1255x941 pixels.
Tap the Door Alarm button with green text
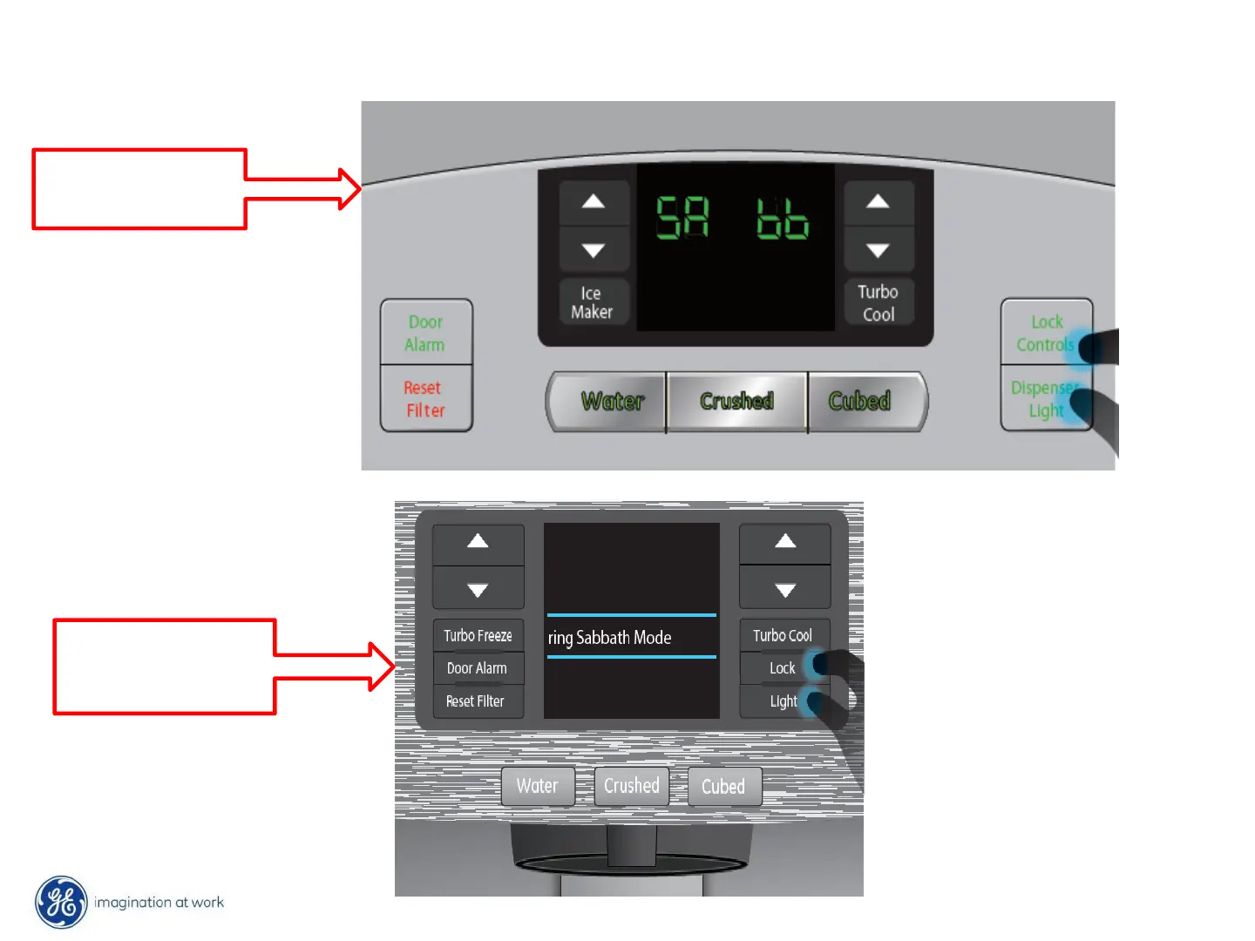425,333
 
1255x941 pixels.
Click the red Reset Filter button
425,398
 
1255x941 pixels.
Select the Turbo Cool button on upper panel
878,302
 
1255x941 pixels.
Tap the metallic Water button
612,401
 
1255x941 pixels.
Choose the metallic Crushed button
736,401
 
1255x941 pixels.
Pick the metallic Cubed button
860,401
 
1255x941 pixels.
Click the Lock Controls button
1045,333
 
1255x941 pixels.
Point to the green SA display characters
682,217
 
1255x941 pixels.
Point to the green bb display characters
782,218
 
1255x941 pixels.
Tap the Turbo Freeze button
478,635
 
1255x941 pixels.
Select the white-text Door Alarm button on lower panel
477,668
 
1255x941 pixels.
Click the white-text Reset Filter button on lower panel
476,701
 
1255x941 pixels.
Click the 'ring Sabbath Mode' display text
610,638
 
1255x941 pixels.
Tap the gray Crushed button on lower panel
632,786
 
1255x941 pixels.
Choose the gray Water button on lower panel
537,786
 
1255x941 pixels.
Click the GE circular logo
61,902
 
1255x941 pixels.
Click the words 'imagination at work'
159,903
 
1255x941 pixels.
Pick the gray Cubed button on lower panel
723,787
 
